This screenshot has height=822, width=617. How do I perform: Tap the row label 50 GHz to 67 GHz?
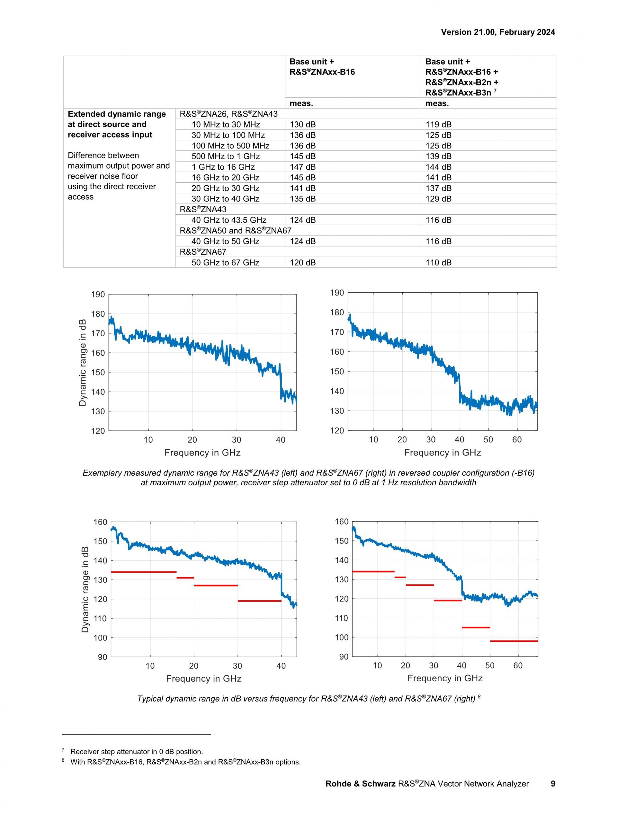pyautogui.click(x=225, y=262)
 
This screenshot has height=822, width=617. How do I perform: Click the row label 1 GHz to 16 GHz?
pyautogui.click(x=223, y=167)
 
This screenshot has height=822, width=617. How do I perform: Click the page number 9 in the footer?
pyautogui.click(x=553, y=784)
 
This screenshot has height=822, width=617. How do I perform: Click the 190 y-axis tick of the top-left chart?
pyautogui.click(x=98, y=295)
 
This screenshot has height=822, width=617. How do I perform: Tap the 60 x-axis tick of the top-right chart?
pyautogui.click(x=517, y=440)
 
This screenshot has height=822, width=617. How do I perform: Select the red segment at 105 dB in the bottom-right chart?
pyautogui.click(x=476, y=628)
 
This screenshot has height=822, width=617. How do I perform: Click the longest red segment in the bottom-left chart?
pyautogui.click(x=143, y=572)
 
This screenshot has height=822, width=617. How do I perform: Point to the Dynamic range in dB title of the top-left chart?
pyautogui.click(x=83, y=362)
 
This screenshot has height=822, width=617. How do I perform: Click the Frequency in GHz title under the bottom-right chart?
pyautogui.click(x=444, y=678)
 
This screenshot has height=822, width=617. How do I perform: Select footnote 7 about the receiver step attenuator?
pyautogui.click(x=136, y=751)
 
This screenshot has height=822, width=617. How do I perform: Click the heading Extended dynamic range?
pyautogui.click(x=117, y=114)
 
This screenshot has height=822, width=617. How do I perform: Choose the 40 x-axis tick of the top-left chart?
pyautogui.click(x=281, y=440)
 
